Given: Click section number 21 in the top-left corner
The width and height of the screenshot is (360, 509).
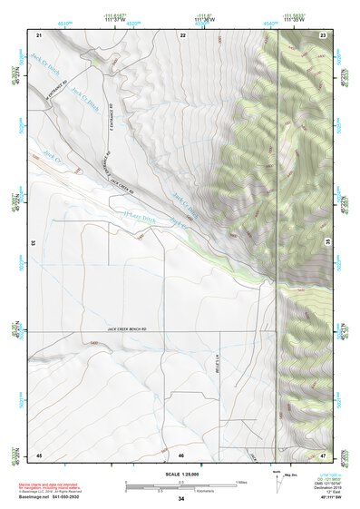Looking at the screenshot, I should click(x=39, y=34).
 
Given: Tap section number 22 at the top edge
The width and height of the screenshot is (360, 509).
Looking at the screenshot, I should click(x=182, y=34).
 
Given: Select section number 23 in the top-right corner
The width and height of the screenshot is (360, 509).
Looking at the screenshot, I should click(x=323, y=34).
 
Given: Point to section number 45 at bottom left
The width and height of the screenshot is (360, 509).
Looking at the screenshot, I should click(x=39, y=454).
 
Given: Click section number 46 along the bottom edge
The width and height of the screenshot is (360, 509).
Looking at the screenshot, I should click(x=181, y=454).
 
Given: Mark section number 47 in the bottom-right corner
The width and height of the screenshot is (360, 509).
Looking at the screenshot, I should click(x=323, y=454).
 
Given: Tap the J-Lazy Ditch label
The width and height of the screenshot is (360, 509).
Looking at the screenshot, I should click(x=138, y=220).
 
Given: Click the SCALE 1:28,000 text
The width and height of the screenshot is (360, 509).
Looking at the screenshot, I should click(x=181, y=474).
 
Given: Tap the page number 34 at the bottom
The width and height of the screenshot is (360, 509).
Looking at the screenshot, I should click(x=181, y=498).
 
